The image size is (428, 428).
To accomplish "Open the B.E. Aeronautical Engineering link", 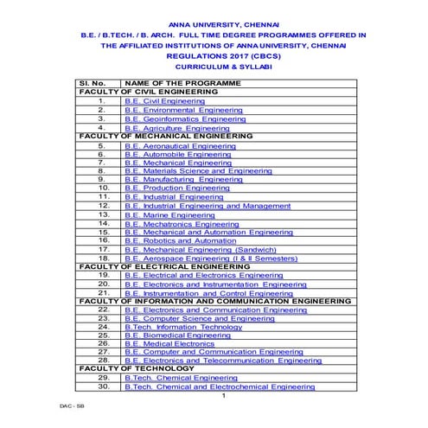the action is click(180, 147).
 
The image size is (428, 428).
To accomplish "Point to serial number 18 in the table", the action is click(103, 258).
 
